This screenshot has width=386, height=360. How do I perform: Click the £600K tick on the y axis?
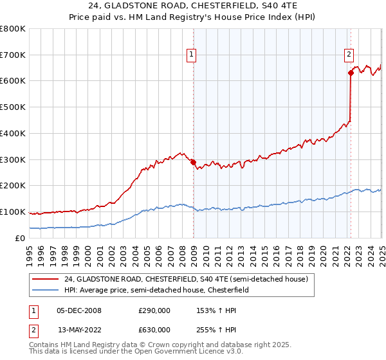[x=13, y=81]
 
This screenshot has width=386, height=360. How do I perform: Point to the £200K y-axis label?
[x=13, y=186]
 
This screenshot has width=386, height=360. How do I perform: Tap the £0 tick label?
[x=21, y=239]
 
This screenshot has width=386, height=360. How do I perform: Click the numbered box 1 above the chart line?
[x=192, y=55]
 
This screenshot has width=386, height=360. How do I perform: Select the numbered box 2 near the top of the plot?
[x=349, y=55]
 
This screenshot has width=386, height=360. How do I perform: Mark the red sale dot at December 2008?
[x=193, y=162]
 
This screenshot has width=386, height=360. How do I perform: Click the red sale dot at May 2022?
[x=351, y=73]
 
